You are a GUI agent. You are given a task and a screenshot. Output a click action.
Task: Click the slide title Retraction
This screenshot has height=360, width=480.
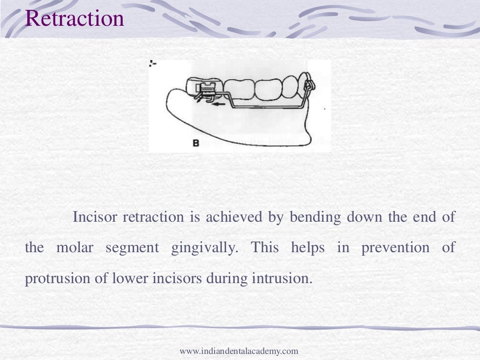click(x=75, y=18)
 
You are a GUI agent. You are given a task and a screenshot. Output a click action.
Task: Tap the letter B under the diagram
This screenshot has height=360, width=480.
click(x=195, y=143)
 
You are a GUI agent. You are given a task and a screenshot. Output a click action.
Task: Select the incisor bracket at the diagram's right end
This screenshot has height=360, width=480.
click(x=309, y=87)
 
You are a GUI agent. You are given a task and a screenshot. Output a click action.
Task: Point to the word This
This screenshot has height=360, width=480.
click(x=265, y=247)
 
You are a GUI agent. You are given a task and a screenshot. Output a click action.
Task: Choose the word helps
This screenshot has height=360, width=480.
click(x=307, y=247)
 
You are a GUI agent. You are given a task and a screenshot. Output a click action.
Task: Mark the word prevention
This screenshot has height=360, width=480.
click(x=395, y=248)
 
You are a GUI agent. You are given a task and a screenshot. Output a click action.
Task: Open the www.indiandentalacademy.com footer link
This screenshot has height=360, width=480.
click(x=239, y=351)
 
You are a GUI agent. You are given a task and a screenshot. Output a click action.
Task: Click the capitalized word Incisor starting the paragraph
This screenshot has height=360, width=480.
click(x=96, y=217)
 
